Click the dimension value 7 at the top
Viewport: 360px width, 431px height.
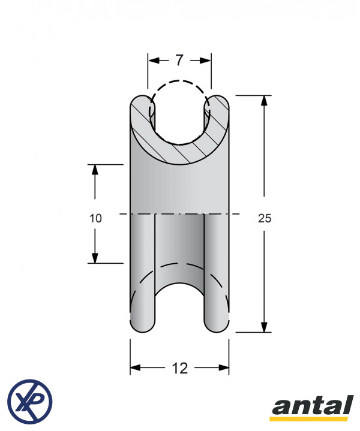[x=179, y=60]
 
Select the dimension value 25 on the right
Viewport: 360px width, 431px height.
[x=265, y=218]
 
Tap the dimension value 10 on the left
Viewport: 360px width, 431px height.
[x=95, y=218]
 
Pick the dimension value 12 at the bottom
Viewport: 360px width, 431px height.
[x=180, y=368]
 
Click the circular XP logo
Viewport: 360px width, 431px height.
[x=30, y=401]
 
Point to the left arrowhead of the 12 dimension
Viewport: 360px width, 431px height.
[x=136, y=368]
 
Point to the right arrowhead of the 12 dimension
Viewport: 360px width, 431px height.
[x=223, y=368]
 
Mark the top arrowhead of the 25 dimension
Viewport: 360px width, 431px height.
[x=264, y=101]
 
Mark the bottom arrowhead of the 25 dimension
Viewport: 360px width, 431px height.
[x=264, y=327]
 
